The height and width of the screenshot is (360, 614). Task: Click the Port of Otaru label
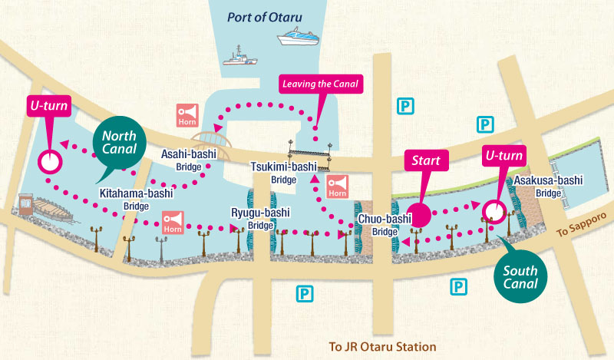pyautogui.click(x=275, y=17)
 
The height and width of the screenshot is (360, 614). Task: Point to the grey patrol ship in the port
pyautogui.click(x=240, y=57)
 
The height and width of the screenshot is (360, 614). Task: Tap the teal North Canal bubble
pyautogui.click(x=119, y=140)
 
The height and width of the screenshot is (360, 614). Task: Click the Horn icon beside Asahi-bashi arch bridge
pyautogui.click(x=187, y=114)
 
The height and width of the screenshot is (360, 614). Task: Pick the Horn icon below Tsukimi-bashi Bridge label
pyautogui.click(x=338, y=187)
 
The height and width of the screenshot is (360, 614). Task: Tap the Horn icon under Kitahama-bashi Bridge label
pyautogui.click(x=172, y=223)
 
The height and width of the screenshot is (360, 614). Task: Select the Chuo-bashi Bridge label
pyautogui.click(x=384, y=223)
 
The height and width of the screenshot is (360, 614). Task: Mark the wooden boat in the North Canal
pyautogui.click(x=49, y=209)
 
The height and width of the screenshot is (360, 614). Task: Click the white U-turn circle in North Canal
pyautogui.click(x=50, y=162)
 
